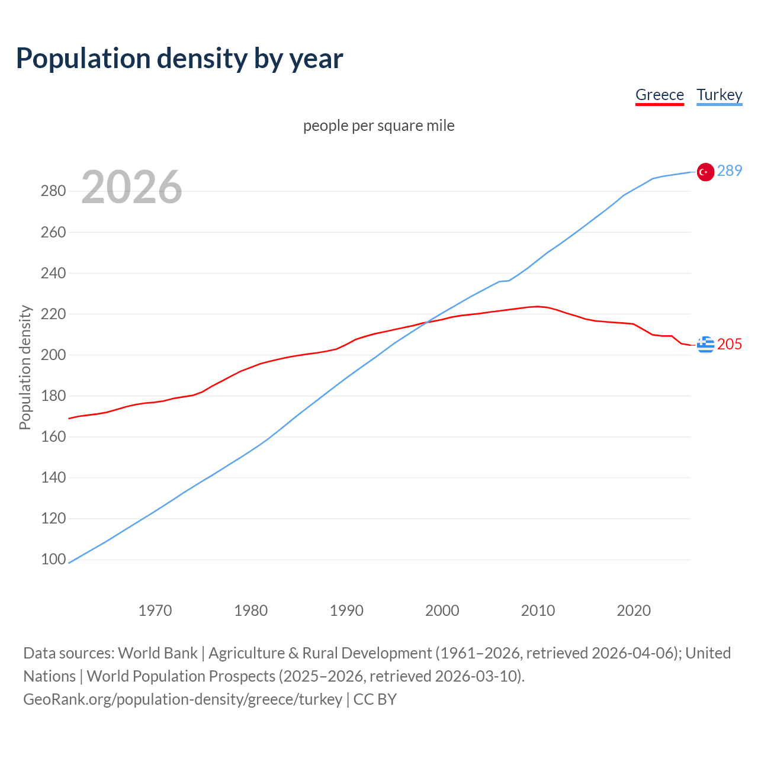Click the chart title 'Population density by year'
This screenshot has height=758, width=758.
click(179, 59)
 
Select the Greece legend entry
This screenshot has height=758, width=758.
click(659, 95)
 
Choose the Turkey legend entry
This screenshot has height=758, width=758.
click(719, 95)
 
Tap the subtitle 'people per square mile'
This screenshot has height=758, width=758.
click(378, 126)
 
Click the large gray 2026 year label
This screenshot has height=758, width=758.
click(131, 187)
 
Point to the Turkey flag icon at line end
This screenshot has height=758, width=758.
click(705, 172)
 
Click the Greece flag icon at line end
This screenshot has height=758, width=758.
click(705, 344)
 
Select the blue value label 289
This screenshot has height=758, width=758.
click(730, 171)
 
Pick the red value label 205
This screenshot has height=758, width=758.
click(730, 344)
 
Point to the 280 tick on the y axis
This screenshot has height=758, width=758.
click(53, 191)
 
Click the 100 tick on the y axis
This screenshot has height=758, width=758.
click(53, 560)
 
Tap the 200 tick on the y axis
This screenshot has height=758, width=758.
click(53, 355)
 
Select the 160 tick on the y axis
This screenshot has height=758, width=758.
click(53, 437)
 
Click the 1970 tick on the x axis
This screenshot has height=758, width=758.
click(155, 611)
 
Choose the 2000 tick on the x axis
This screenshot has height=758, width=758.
click(442, 611)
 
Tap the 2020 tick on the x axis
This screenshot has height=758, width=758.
click(634, 611)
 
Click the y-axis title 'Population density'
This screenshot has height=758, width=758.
click(25, 367)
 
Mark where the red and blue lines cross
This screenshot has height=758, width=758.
click(428, 322)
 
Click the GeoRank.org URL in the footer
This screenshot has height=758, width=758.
click(182, 699)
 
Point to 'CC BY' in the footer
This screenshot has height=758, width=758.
click(375, 699)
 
